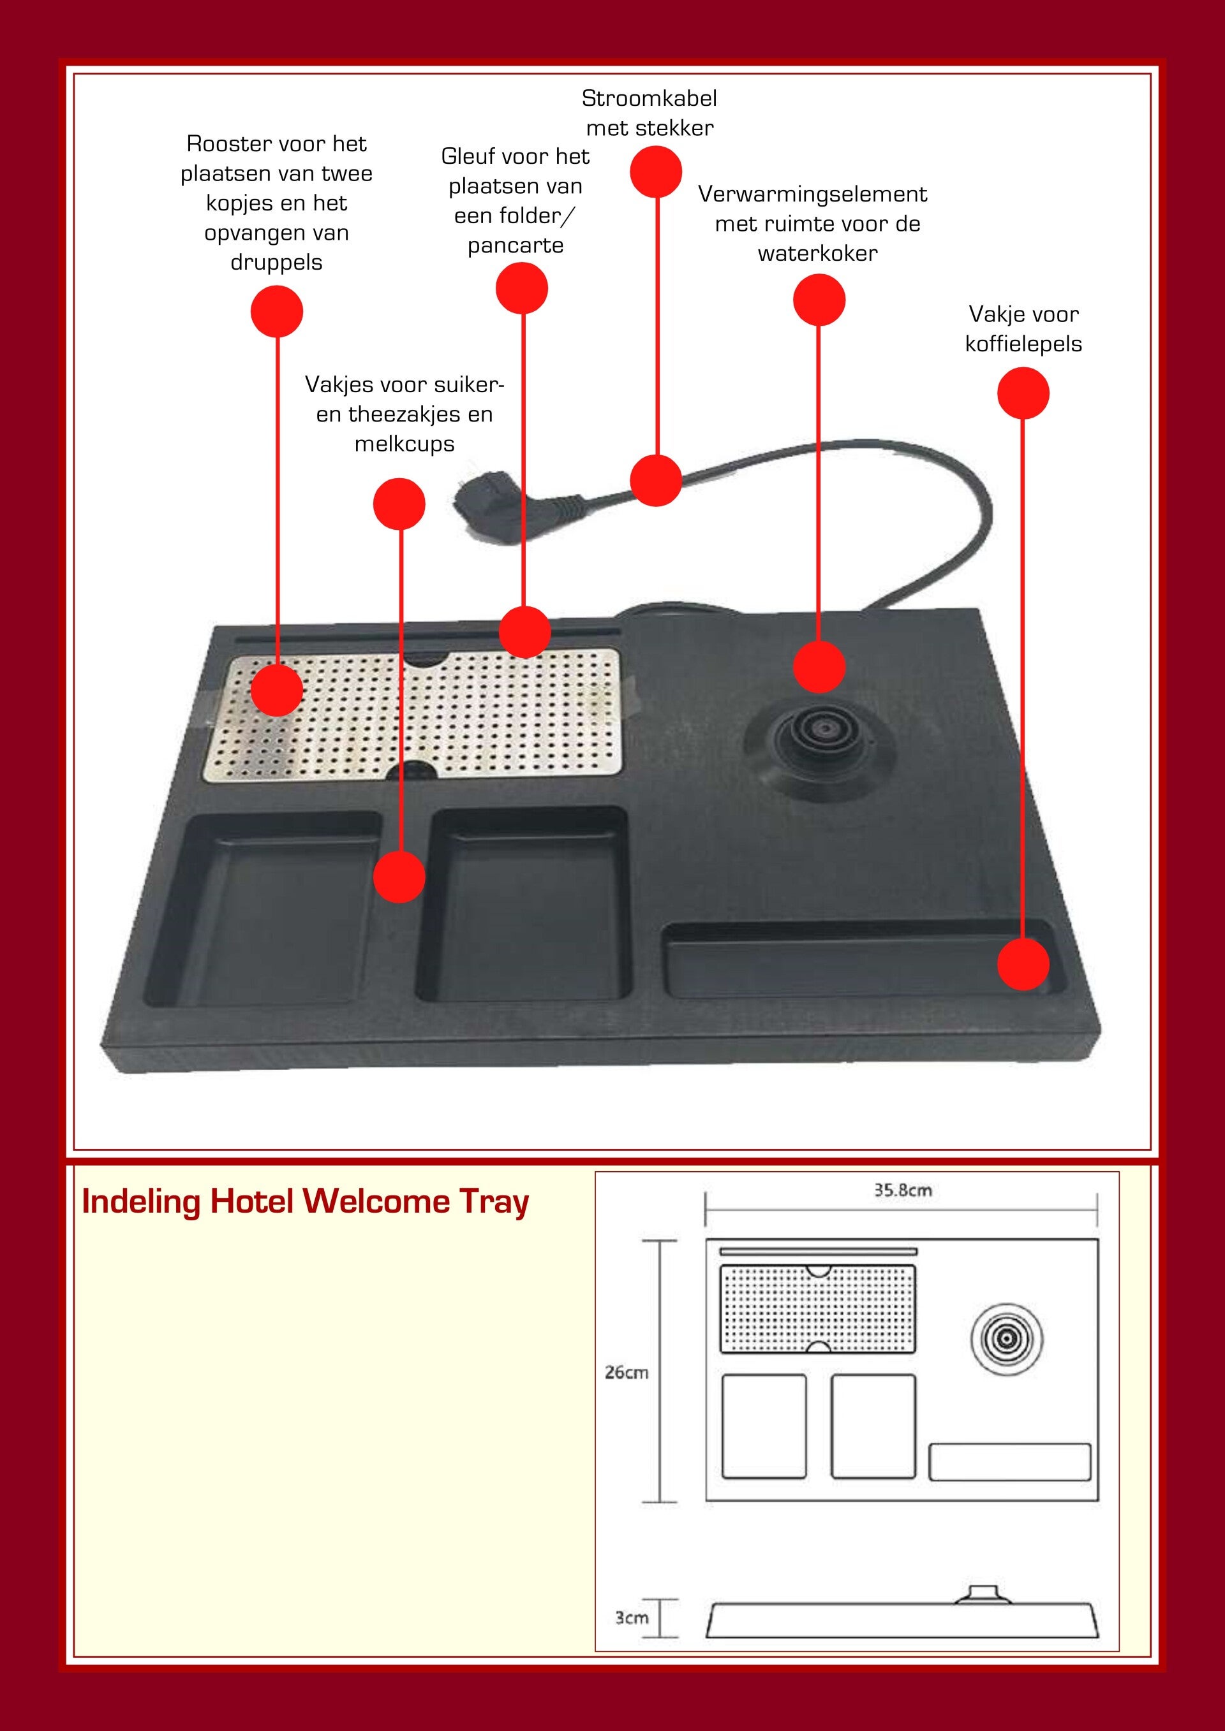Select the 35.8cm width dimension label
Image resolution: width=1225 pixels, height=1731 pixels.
click(902, 1190)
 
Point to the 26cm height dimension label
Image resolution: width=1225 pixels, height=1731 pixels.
click(626, 1372)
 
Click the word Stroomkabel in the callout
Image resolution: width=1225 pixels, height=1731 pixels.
click(649, 98)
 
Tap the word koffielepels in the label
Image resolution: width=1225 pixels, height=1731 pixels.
click(1023, 344)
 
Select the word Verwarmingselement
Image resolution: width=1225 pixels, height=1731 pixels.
click(812, 194)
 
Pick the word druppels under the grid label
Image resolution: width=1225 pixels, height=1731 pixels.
click(276, 263)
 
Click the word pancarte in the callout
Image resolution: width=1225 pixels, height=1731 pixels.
click(515, 245)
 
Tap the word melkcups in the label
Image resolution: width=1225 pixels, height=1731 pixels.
click(405, 443)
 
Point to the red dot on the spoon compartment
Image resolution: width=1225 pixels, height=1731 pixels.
click(1023, 963)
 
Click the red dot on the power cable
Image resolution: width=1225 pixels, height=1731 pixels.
click(655, 480)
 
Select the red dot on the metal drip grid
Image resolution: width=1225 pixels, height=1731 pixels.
click(277, 689)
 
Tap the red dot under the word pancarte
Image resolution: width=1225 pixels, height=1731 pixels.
click(521, 288)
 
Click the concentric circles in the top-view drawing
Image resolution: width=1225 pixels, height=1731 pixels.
click(1006, 1339)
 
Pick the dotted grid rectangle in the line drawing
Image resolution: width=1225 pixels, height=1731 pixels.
click(818, 1309)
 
